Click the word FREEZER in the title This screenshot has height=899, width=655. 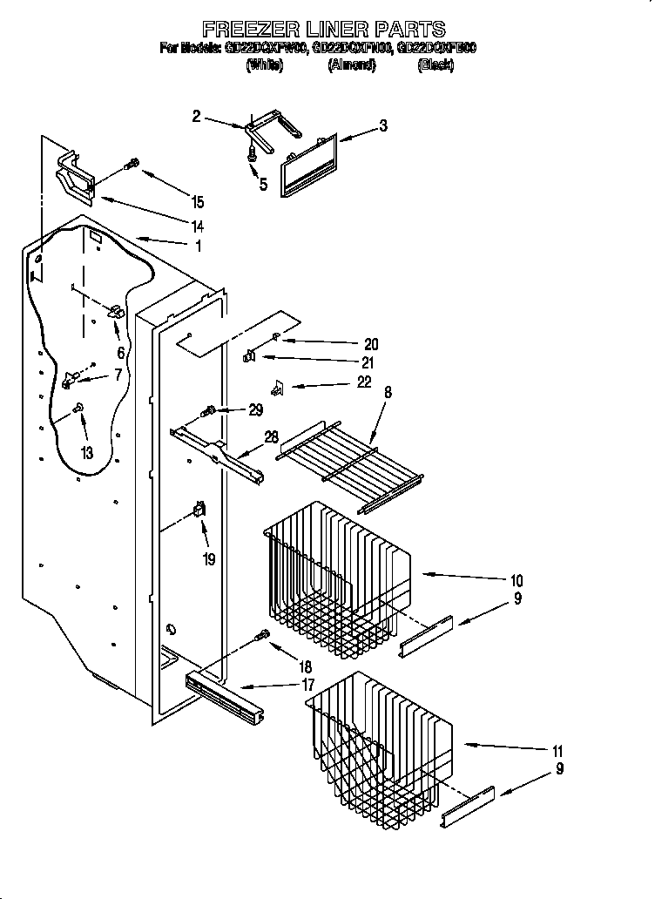click(246, 29)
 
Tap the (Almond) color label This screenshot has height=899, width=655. click(352, 65)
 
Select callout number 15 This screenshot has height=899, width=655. click(198, 202)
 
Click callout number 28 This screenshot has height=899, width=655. click(271, 436)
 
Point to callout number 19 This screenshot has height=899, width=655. click(208, 559)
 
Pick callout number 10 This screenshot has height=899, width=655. click(516, 580)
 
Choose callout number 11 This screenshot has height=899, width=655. click(557, 751)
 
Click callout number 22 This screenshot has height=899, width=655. click(363, 382)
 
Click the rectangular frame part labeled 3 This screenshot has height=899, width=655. click(308, 163)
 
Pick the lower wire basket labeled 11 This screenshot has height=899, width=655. click(379, 740)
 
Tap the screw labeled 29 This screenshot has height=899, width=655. click(209, 410)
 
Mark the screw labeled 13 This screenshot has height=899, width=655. click(79, 406)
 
